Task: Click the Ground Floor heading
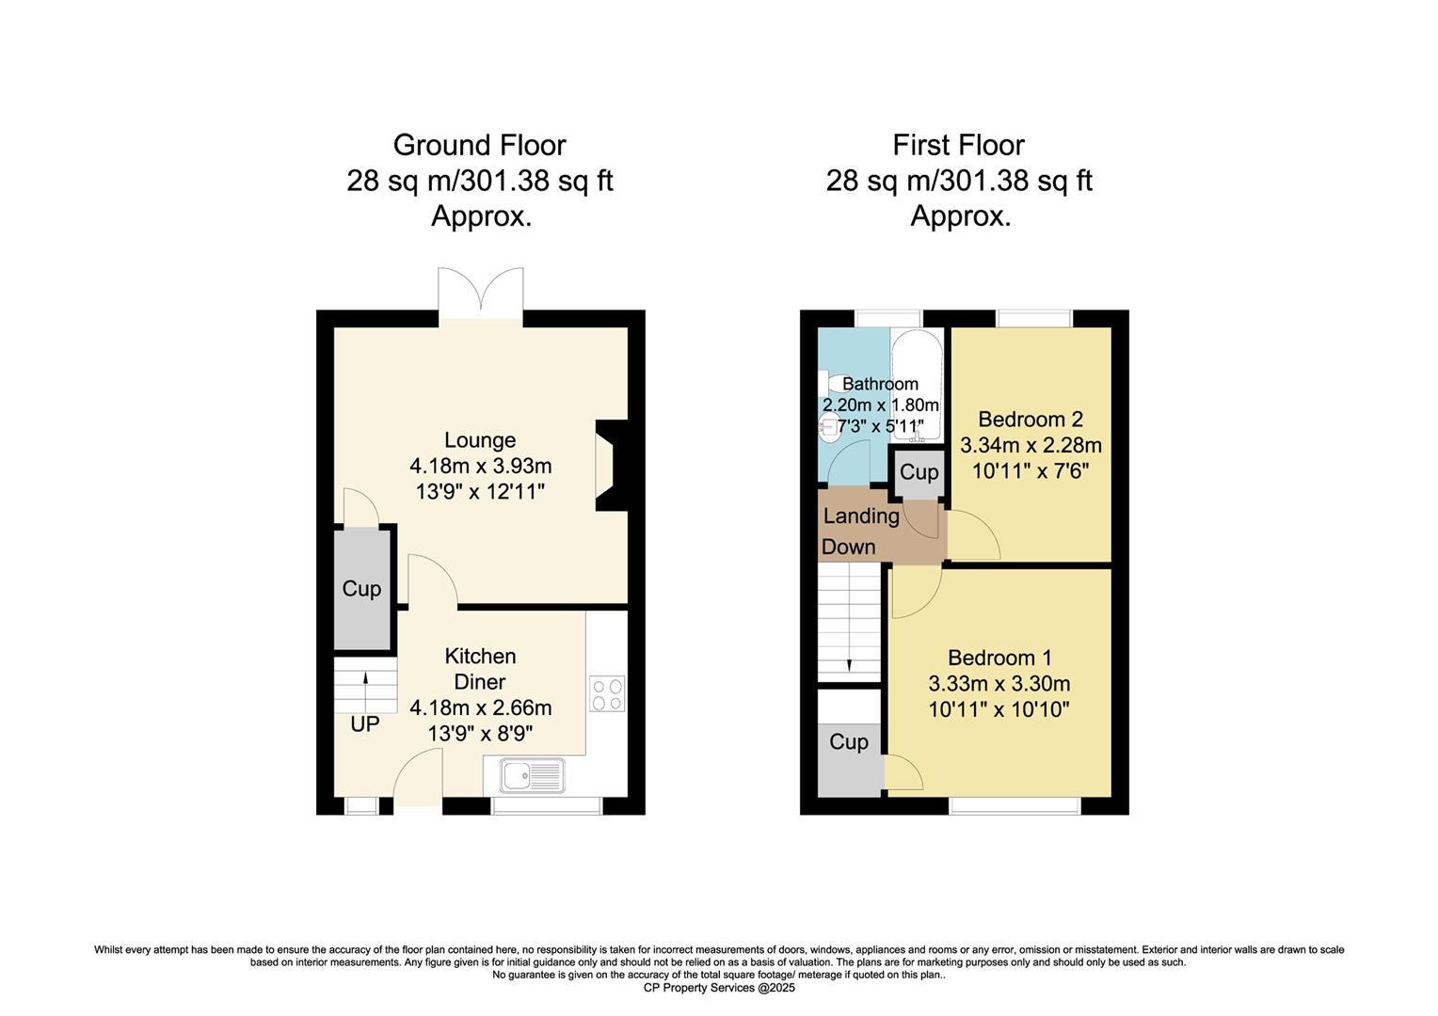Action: point(479,146)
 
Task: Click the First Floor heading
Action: point(958,146)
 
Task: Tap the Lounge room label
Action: point(480,440)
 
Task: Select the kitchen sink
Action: point(532,776)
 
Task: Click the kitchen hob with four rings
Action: point(607,693)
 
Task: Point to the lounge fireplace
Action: point(610,465)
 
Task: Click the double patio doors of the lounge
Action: point(481,292)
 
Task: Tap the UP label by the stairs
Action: point(365,725)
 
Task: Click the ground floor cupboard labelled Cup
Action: point(361,589)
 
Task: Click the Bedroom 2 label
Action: point(1030,420)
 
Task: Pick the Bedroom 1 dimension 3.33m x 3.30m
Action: point(999,684)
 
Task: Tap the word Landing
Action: point(861,516)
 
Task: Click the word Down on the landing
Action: point(848,547)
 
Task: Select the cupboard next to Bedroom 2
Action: point(919,472)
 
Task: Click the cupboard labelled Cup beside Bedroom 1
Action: point(849,742)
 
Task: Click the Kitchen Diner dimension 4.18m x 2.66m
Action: point(480,707)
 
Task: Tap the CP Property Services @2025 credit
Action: point(719,988)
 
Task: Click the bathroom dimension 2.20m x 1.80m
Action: point(881,405)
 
